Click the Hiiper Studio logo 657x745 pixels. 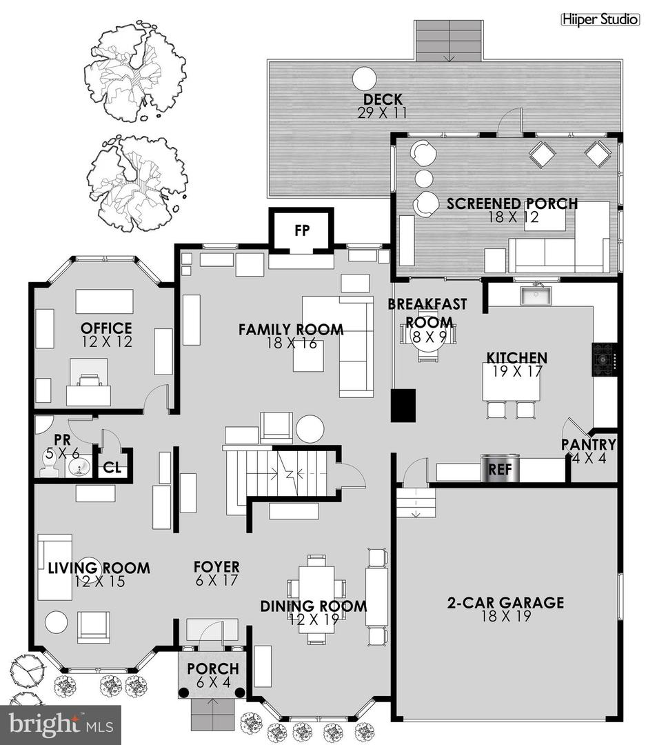coord(599,20)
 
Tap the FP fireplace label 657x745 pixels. coord(301,230)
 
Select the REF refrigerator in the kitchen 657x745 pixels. coord(498,469)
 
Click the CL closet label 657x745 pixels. coord(112,468)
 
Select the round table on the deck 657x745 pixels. coord(363,79)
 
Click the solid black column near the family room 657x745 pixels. coord(403,405)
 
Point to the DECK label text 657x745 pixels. coord(383,100)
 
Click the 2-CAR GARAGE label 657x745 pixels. coord(505,603)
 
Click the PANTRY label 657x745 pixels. coord(587,445)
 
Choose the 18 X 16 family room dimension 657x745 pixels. coord(292,343)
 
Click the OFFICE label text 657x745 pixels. coord(105,328)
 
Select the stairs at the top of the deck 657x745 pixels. coord(449,41)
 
